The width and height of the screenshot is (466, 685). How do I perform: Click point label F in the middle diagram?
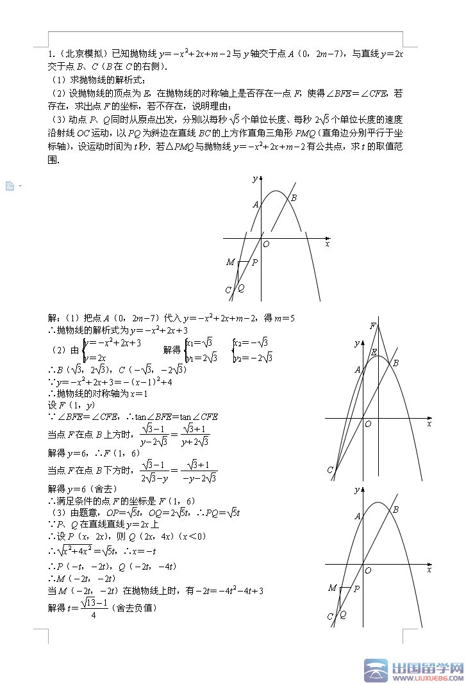tap(373, 326)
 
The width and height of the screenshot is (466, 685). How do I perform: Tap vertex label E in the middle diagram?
tap(374, 352)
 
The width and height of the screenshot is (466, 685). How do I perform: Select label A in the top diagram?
tap(255, 205)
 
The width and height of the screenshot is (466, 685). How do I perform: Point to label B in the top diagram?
tap(294, 198)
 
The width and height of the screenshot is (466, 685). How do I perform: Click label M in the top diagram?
tap(230, 262)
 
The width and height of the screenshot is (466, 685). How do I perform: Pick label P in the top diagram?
tap(254, 262)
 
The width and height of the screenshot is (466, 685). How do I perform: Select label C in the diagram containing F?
tap(330, 471)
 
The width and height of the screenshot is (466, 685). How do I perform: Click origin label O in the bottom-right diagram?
tap(368, 570)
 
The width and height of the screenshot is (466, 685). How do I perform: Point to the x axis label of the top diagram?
tap(328, 244)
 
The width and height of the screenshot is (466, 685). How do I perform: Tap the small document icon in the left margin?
tap(10, 186)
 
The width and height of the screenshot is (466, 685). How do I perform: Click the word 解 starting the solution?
tap(52, 318)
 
